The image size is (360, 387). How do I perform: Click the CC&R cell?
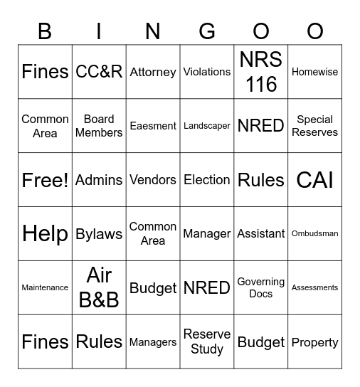pos(99,72)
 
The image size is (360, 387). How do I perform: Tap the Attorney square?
pos(153,72)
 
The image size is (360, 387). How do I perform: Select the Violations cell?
pos(207,72)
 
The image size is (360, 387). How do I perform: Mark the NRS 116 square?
pos(261,72)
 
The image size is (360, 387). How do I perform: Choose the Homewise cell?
pos(315,72)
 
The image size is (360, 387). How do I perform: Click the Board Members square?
pos(99,126)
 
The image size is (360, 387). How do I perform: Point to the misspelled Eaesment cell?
pos(153,126)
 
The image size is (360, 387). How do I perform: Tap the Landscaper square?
pos(207,126)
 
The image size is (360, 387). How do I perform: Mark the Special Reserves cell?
pos(315,126)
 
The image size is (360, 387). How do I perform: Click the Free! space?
pos(45,180)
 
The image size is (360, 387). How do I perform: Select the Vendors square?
pos(153,180)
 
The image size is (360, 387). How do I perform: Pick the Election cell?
pos(207,180)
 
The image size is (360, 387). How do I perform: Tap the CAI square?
pos(315,180)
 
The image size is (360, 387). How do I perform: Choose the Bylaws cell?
pos(99,234)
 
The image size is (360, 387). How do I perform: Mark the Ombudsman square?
pos(315,234)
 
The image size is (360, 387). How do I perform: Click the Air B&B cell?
pos(99,288)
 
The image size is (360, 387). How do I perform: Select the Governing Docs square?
pos(261,288)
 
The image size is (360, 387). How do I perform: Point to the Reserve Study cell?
pos(207,342)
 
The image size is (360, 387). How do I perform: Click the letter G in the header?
pos(207,31)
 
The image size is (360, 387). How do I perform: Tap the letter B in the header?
pos(45,31)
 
